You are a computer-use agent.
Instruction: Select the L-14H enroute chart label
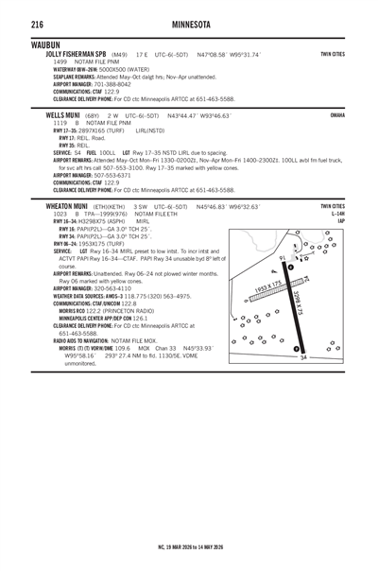[359, 213]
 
